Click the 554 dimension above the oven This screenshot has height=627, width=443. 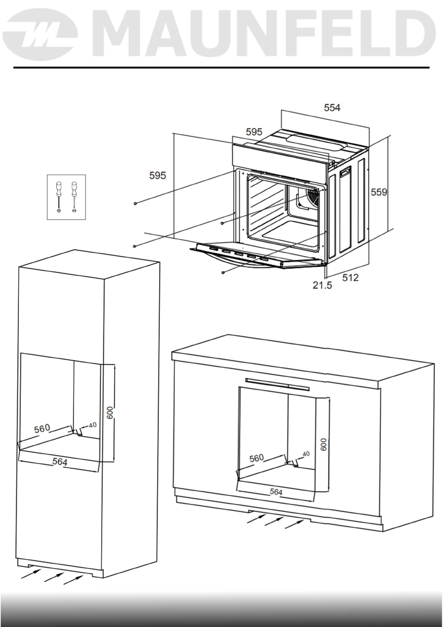click(x=332, y=108)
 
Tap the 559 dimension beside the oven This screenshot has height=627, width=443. click(x=379, y=192)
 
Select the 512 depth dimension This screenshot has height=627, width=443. click(x=350, y=277)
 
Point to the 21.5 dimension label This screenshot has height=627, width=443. click(x=322, y=286)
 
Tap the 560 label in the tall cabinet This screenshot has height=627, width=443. click(x=42, y=429)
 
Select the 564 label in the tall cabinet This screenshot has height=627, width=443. click(x=60, y=462)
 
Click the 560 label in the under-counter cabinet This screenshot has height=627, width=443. click(x=256, y=458)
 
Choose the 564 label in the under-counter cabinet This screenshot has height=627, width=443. click(x=276, y=491)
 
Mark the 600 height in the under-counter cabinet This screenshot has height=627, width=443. click(x=324, y=444)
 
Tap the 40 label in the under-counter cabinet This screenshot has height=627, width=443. click(x=306, y=454)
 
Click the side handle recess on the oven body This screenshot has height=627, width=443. click(x=345, y=172)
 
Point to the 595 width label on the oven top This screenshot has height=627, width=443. click(x=254, y=132)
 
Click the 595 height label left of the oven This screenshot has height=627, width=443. click(x=157, y=175)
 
